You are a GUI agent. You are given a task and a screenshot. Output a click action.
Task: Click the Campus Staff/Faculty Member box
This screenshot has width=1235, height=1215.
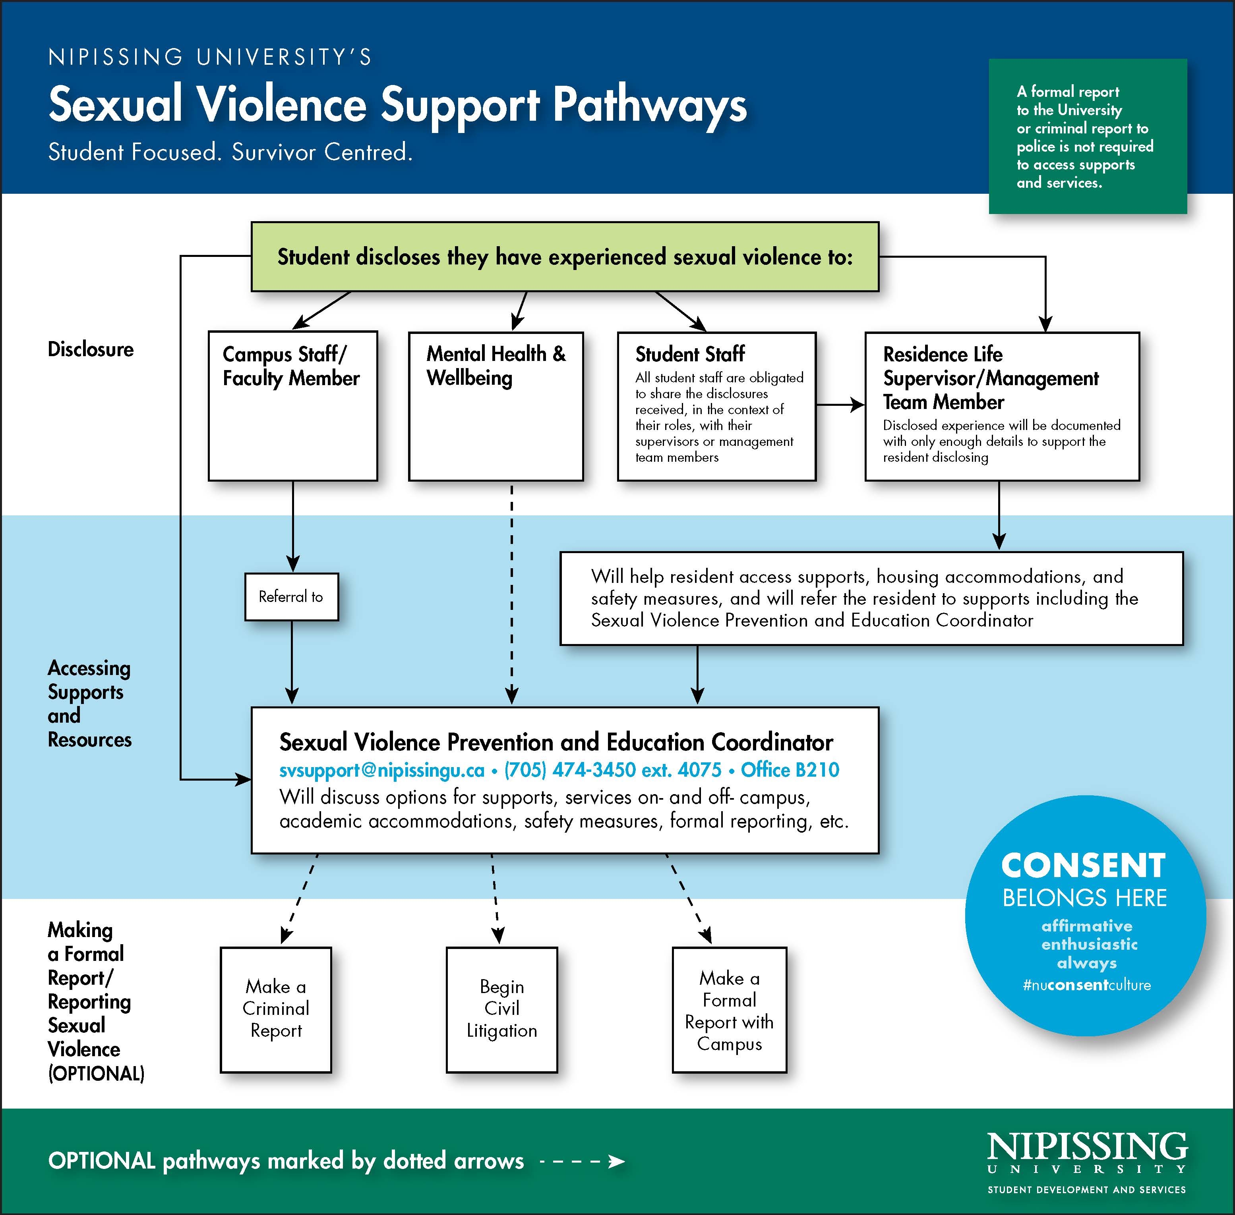[x=292, y=405]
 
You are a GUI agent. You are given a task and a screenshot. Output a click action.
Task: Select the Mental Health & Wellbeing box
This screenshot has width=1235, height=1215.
[x=496, y=406]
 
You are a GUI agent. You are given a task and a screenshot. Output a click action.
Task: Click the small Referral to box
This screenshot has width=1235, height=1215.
[x=291, y=597]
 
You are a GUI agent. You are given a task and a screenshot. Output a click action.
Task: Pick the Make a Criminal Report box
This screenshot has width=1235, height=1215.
[x=276, y=1009]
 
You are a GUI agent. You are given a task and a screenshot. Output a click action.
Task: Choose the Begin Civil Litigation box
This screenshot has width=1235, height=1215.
[x=501, y=1009]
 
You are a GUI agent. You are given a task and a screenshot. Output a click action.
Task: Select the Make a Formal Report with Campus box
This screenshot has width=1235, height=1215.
[x=729, y=1009]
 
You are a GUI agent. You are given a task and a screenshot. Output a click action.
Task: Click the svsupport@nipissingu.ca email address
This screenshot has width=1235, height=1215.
[x=382, y=770]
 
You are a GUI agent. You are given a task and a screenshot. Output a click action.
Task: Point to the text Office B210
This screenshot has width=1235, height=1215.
[x=790, y=770]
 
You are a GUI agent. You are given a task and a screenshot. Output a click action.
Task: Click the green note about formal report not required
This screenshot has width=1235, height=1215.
[x=1088, y=137]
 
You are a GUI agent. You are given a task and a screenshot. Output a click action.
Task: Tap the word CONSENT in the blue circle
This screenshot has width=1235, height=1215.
[x=1084, y=866]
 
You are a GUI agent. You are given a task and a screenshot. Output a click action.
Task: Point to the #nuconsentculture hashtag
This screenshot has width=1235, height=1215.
[x=1086, y=985]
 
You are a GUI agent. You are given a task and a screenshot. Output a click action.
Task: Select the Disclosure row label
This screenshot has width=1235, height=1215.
[x=91, y=350]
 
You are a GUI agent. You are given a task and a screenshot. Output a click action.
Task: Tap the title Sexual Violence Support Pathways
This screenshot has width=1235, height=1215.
[x=397, y=104]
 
